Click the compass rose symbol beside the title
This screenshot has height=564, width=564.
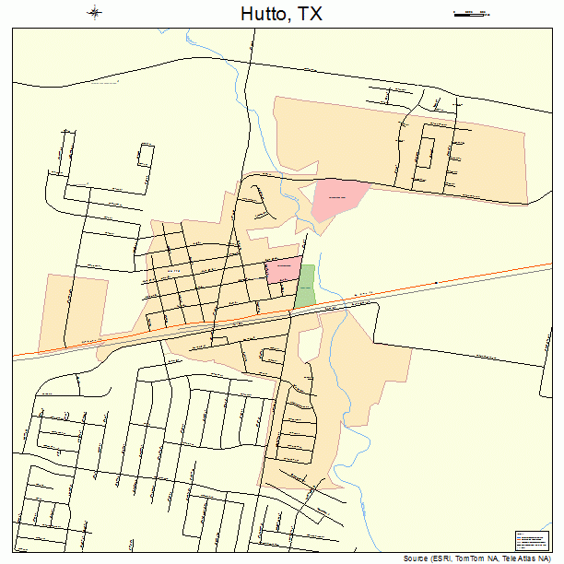tap(95, 13)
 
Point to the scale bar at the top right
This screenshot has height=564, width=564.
tap(471, 13)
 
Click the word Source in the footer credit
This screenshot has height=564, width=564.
tap(417, 558)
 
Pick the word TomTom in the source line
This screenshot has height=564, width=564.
tap(476, 558)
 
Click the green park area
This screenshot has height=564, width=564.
tap(305, 287)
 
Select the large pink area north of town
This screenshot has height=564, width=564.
tap(335, 197)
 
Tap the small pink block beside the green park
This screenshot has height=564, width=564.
tap(283, 270)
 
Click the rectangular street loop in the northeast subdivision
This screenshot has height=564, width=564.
tap(427, 151)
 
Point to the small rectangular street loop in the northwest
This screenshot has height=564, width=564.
tap(145, 155)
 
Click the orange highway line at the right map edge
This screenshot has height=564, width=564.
tap(544, 266)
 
